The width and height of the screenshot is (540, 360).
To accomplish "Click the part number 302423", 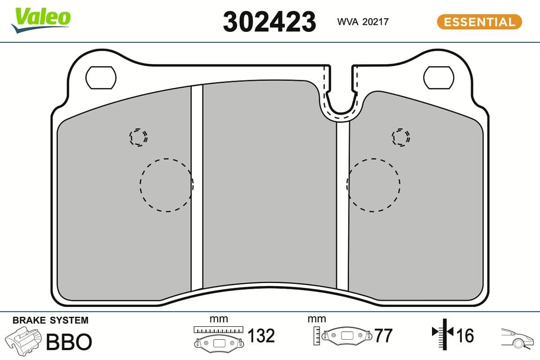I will coord(269,22).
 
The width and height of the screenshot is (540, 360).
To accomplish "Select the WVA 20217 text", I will coord(363,22).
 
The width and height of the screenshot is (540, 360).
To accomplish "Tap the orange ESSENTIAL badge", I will coord(479,22).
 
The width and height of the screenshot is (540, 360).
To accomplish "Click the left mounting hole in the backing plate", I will coord(101,77).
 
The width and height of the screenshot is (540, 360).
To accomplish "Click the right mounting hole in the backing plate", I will coord(438,77).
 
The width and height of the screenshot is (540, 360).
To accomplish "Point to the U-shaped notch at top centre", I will coord(341,99).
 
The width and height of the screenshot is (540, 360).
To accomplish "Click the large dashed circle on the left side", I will coord(166,185).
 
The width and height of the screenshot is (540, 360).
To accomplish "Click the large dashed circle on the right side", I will coord(373,185).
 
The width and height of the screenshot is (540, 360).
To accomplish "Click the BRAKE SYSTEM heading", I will coord(50,320).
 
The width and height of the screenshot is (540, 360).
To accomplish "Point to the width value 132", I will coord(261,336).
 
